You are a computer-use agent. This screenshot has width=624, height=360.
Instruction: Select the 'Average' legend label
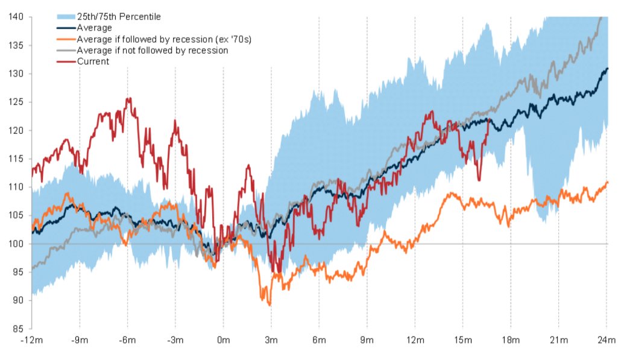(95, 28)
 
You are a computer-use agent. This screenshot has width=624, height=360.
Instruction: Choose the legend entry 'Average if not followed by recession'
(153, 51)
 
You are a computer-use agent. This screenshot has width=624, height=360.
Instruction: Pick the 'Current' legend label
(93, 62)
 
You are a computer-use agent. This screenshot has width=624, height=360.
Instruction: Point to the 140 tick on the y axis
(16, 17)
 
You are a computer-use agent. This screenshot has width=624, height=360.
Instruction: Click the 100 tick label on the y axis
(16, 244)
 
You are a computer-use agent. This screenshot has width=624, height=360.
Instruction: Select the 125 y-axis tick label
(16, 102)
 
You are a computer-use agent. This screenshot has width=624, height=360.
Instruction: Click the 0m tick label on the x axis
(223, 341)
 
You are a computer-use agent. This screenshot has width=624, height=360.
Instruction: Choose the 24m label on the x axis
(607, 341)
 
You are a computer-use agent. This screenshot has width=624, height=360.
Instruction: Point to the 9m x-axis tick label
(367, 341)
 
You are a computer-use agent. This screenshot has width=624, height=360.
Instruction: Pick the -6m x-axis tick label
(127, 341)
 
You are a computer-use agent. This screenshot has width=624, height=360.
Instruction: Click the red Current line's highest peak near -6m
(128, 98)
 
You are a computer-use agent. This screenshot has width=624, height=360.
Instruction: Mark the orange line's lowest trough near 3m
(269, 305)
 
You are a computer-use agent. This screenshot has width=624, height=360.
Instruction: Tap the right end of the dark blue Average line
(607, 68)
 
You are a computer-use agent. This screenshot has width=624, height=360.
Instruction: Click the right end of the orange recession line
(607, 182)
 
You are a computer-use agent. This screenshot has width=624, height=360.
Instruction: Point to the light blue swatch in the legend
(65, 17)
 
